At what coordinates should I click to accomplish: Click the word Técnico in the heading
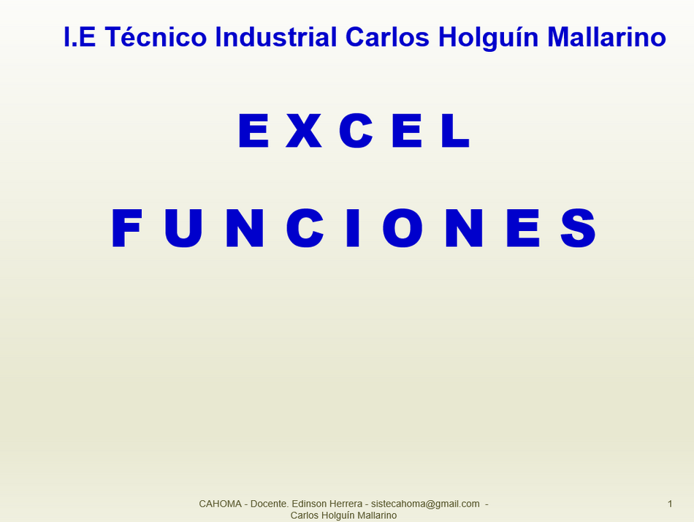[156, 37]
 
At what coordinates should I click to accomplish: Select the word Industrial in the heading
[275, 37]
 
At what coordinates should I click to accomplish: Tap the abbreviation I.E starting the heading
[80, 37]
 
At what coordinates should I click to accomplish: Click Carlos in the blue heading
[387, 37]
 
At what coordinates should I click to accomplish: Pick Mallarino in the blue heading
[606, 37]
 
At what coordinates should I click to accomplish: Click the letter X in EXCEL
[304, 130]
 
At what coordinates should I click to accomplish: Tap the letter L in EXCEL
[455, 130]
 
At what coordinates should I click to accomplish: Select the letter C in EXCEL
[356, 130]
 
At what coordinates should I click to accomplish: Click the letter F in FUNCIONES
[126, 228]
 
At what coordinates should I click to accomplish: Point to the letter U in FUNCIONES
[183, 228]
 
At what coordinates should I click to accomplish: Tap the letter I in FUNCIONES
[352, 228]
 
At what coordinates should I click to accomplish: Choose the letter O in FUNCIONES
[403, 228]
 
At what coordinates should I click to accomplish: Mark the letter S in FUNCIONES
[578, 228]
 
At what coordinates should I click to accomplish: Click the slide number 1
[670, 504]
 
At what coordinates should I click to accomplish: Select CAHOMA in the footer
[220, 504]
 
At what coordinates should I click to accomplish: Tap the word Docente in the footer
[270, 504]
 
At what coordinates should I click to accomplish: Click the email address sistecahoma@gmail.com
[425, 504]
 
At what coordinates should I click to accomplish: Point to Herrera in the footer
[343, 504]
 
